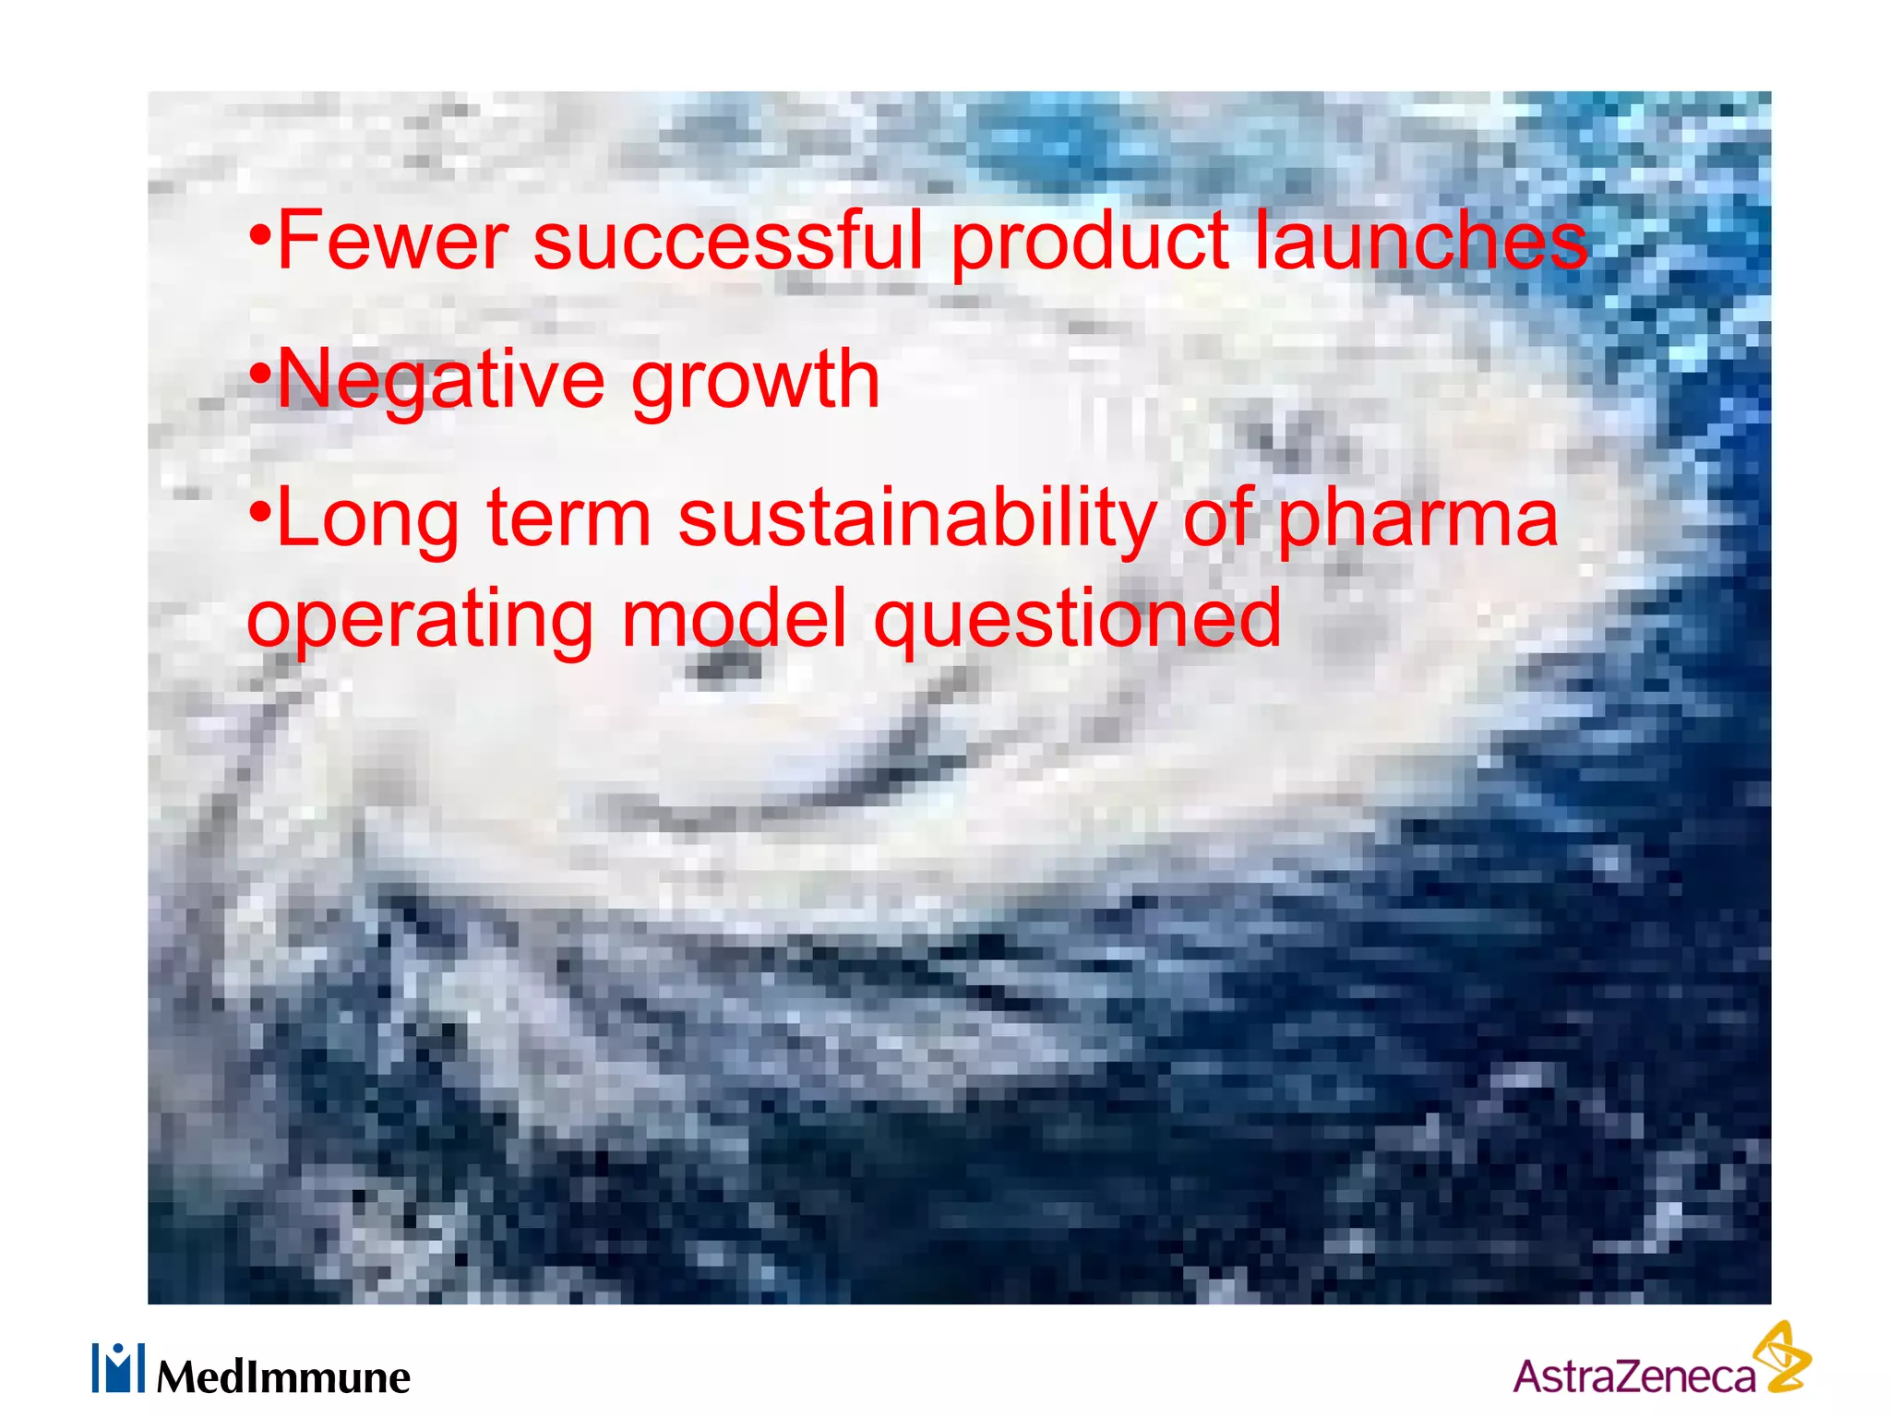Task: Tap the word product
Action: pyautogui.click(x=1089, y=242)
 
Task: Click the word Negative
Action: pyautogui.click(x=442, y=380)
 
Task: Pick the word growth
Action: pyautogui.click(x=755, y=380)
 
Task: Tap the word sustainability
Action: pyautogui.click(x=917, y=520)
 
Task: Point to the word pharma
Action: pyautogui.click(x=1417, y=520)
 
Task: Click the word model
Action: pyautogui.click(x=734, y=618)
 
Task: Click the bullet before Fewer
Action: pyautogui.click(x=261, y=236)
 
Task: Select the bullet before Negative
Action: pyautogui.click(x=261, y=375)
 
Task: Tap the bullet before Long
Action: pyautogui.click(x=261, y=513)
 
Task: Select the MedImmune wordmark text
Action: pyautogui.click(x=283, y=1377)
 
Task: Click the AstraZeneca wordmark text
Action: pyautogui.click(x=1633, y=1376)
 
